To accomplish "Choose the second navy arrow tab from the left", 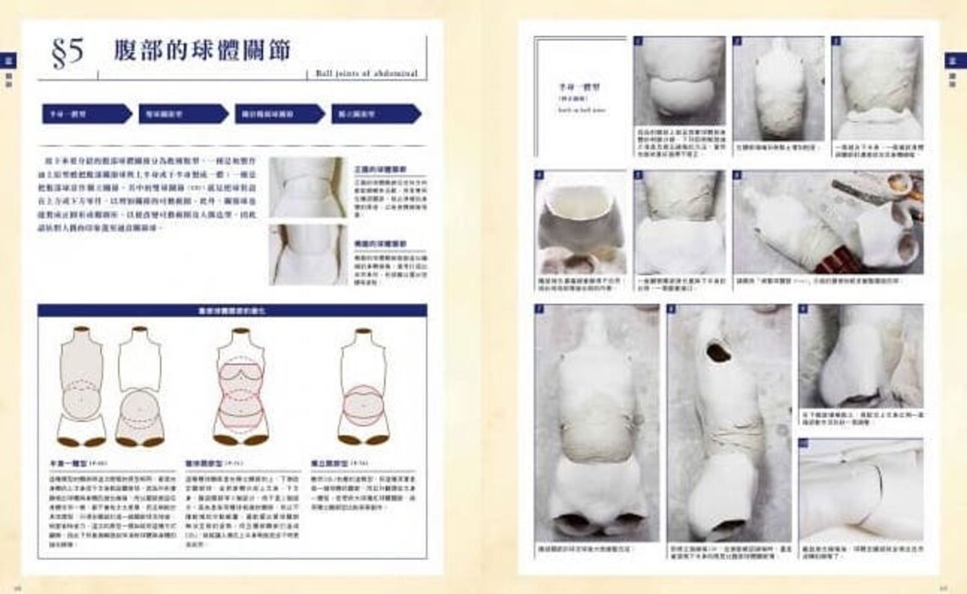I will pyautogui.click(x=182, y=113).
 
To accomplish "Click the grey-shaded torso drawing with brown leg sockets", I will pyautogui.click(x=83, y=386).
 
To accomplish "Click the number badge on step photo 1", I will pyautogui.click(x=639, y=41).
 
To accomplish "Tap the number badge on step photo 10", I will pyautogui.click(x=803, y=444).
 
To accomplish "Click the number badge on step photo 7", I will pyautogui.click(x=539, y=309).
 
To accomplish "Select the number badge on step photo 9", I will pyautogui.click(x=803, y=309).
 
